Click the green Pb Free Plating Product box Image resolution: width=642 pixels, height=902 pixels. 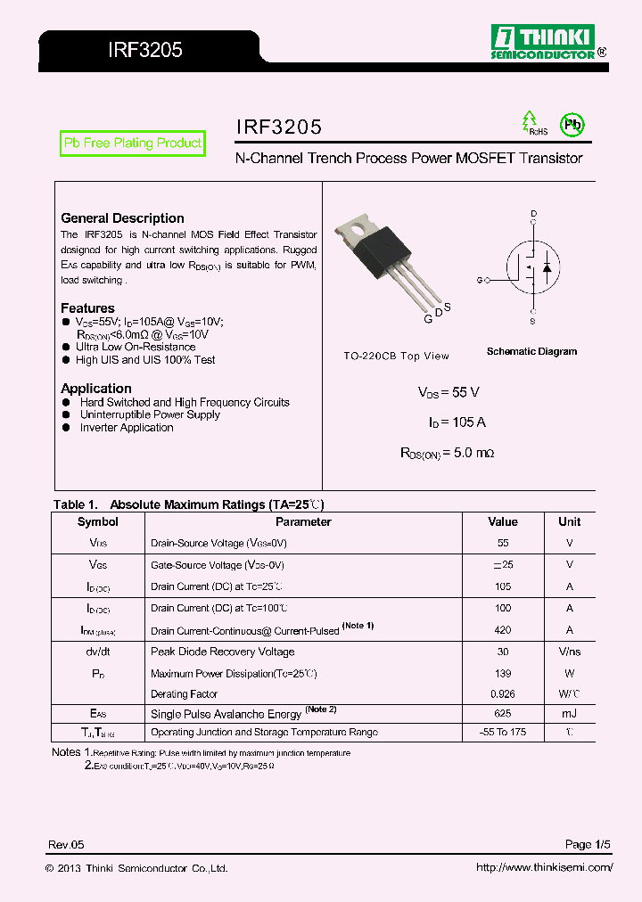pos(132,143)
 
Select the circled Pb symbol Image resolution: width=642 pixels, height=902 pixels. pos(571,125)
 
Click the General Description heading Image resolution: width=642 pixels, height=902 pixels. pos(122,218)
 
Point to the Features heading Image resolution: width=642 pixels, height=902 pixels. pos(87,308)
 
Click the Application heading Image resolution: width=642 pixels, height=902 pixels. pos(95,389)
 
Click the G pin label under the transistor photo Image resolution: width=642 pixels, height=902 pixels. pos(428,318)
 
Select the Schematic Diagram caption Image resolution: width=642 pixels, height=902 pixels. pos(531,351)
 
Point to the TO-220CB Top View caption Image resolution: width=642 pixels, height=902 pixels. pos(396,356)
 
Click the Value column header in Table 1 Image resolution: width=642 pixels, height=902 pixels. pos(503,522)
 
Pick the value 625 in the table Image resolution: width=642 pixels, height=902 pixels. pos(503,714)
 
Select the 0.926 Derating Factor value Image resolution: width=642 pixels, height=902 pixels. pos(503,693)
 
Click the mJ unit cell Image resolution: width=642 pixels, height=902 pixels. pos(569,714)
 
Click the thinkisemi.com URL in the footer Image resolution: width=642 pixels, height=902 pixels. pos(544,867)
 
